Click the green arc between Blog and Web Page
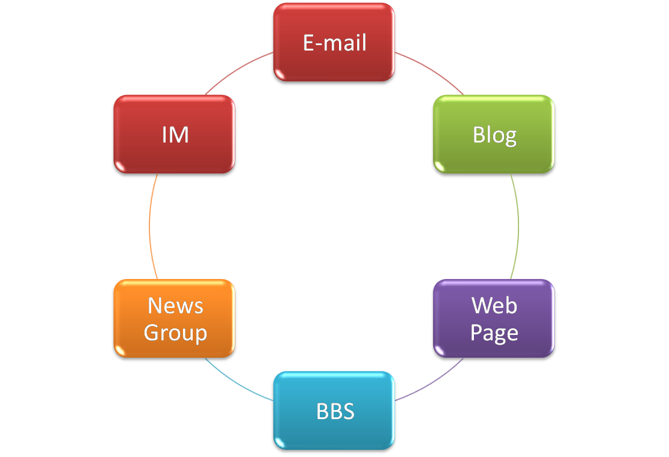pos(518,227)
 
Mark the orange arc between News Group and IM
pos(149,227)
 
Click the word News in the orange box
pos(175,306)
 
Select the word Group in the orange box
pos(175,333)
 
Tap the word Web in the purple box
pos(494,305)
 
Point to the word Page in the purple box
pos(494,333)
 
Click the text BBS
pos(335,411)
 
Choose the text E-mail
pos(335,43)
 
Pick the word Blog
pos(494,135)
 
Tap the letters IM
pos(175,135)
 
